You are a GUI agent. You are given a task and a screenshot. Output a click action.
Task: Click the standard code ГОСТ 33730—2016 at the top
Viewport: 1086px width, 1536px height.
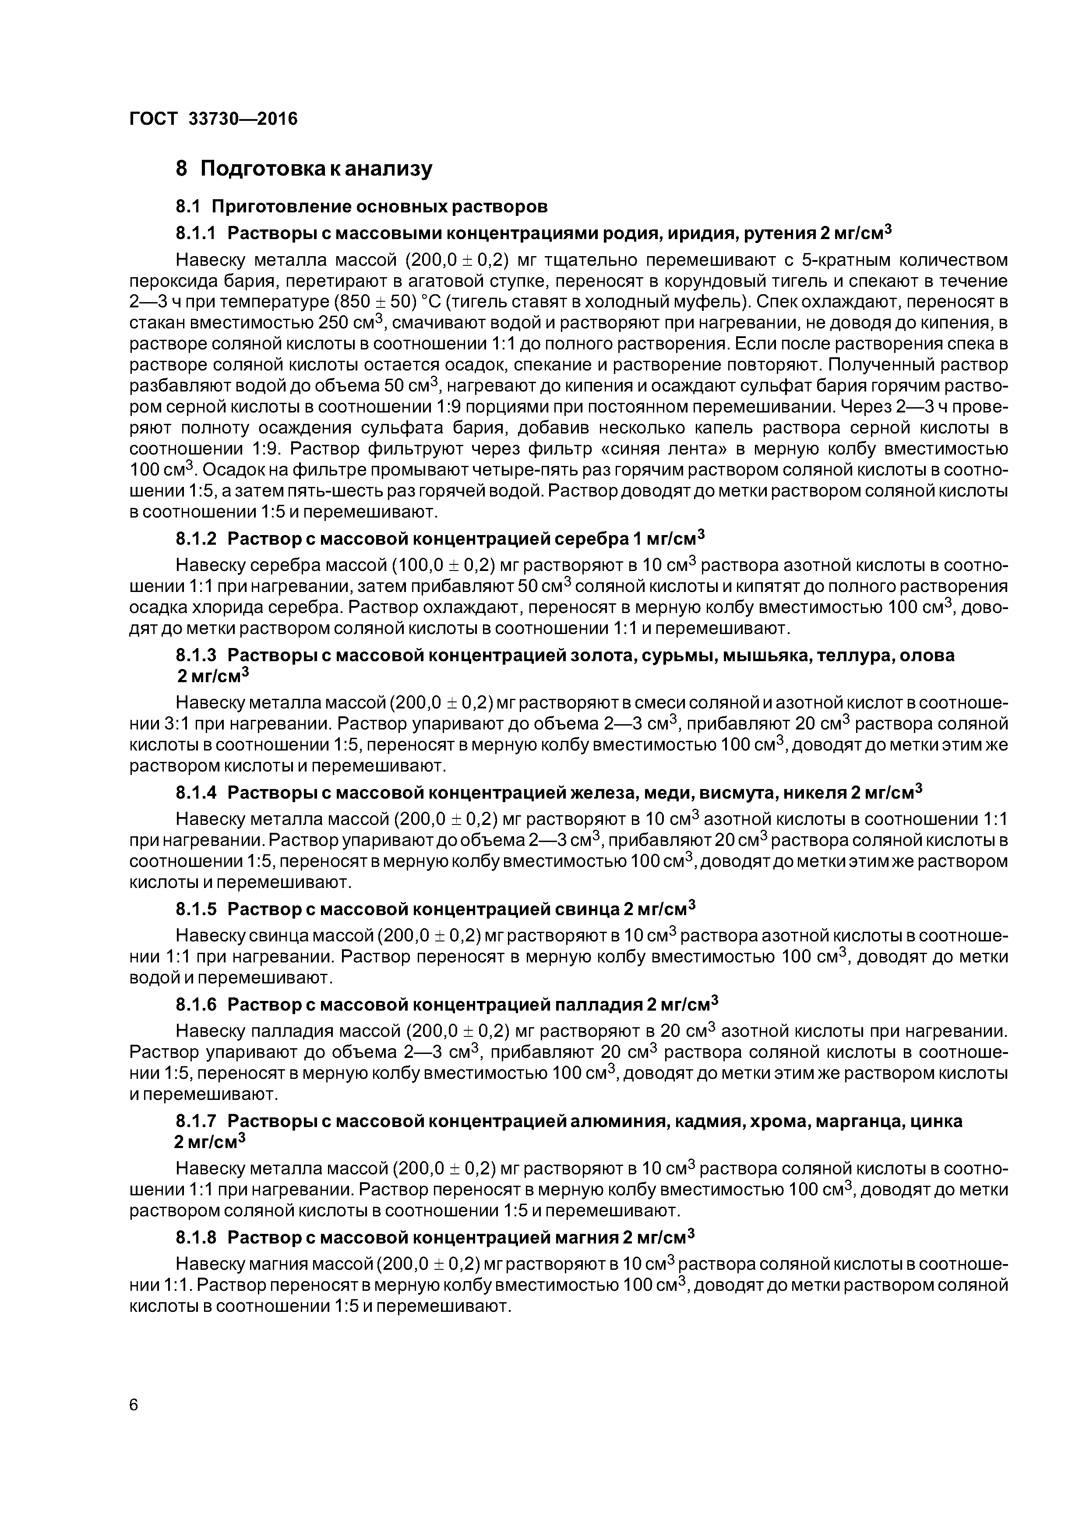tap(213, 119)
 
